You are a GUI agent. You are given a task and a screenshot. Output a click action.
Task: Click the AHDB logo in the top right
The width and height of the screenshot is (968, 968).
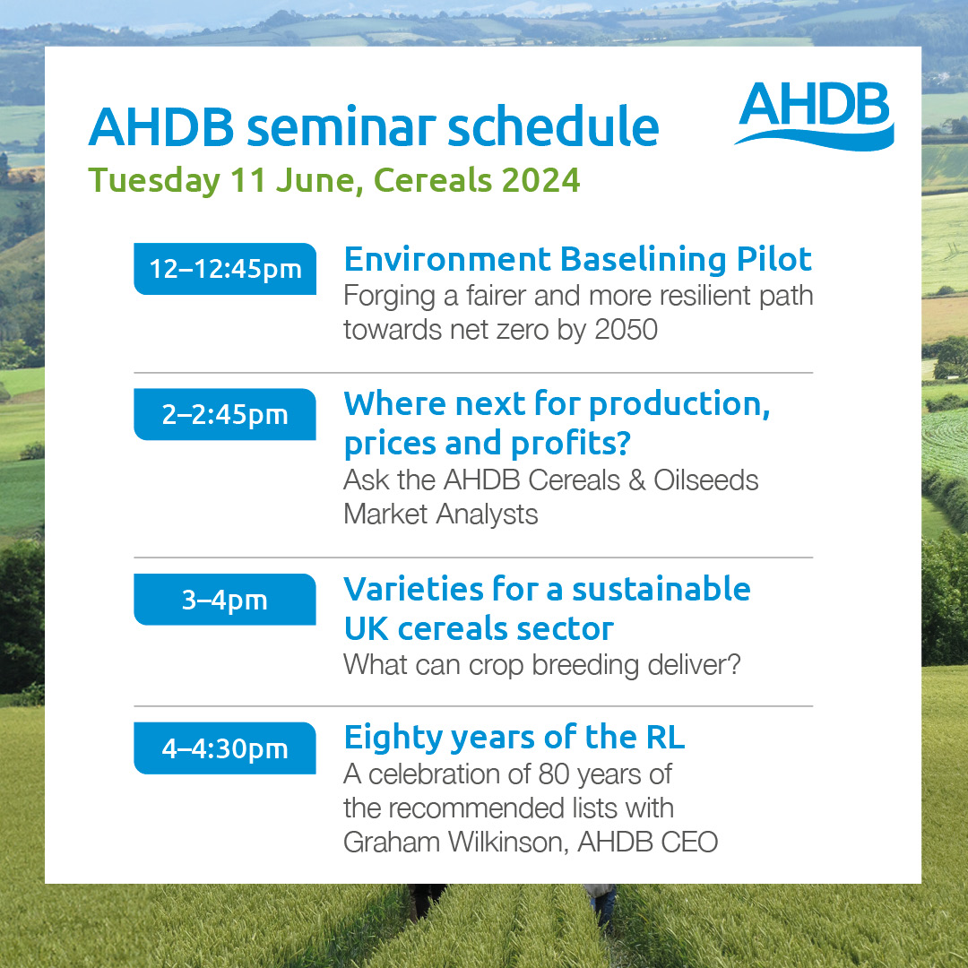(x=814, y=115)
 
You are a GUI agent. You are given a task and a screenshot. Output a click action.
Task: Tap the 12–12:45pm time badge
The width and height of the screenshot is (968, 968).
(x=225, y=269)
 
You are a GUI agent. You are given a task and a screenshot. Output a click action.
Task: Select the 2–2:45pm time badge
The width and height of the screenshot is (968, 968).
(x=225, y=414)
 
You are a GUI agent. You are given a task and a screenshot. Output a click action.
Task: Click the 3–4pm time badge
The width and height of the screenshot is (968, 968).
(x=225, y=600)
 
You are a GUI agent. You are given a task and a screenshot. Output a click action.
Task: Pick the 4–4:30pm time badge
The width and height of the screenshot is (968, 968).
(x=225, y=748)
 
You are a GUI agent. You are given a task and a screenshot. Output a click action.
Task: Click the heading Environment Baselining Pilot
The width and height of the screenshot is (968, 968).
(x=577, y=259)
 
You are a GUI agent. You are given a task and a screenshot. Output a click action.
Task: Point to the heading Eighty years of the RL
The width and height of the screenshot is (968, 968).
(x=514, y=737)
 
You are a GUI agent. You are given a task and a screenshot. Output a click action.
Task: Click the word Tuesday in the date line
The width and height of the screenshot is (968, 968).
(x=153, y=180)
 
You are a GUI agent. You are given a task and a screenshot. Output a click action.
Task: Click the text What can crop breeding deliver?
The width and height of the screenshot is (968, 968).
(x=542, y=666)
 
